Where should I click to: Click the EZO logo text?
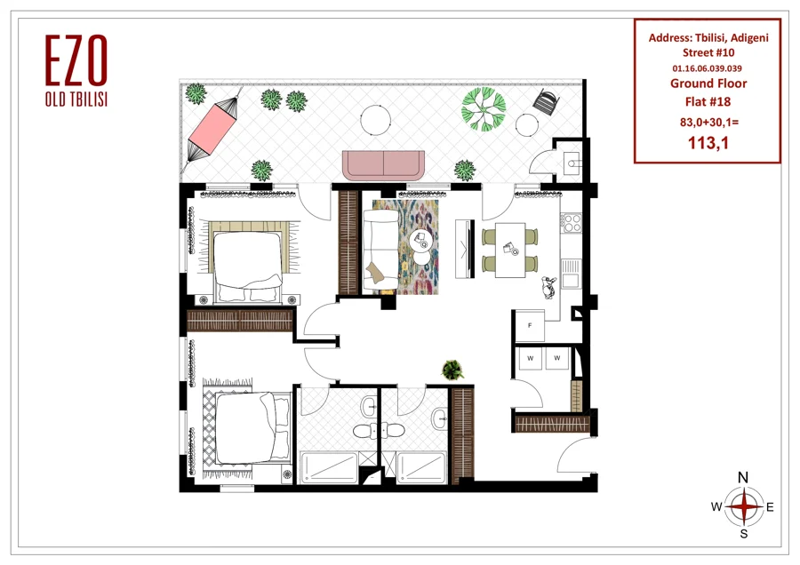click(76, 60)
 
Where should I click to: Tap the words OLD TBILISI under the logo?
click(76, 99)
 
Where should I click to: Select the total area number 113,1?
click(708, 143)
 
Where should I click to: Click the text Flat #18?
click(708, 102)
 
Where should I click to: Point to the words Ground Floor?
click(708, 84)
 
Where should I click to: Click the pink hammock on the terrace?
click(210, 128)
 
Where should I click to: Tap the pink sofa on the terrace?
click(383, 164)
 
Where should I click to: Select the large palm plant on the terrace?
click(484, 109)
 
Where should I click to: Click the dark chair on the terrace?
click(547, 102)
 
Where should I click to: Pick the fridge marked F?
click(530, 325)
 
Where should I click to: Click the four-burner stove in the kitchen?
click(572, 223)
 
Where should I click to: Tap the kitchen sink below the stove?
click(571, 274)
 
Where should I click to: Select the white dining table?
click(510, 250)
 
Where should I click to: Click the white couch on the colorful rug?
click(380, 250)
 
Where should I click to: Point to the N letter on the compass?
click(743, 478)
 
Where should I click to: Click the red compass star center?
click(744, 506)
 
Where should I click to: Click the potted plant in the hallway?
click(452, 370)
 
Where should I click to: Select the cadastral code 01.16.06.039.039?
click(708, 68)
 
